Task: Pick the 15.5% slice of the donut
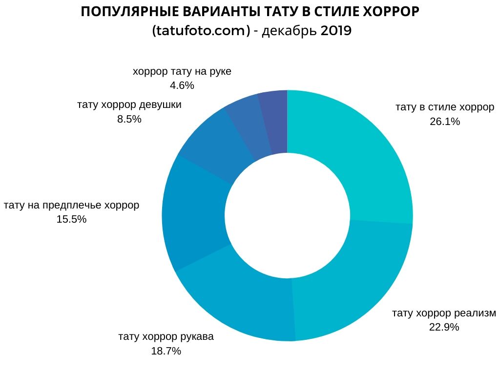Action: coord(193,215)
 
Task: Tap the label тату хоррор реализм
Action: coord(444,313)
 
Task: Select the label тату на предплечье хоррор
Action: coord(71,205)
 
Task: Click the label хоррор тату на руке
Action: coord(182,71)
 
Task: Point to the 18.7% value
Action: coord(166,351)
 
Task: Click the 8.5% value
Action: coord(129,119)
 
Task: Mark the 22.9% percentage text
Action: coord(444,327)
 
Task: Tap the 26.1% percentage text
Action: coord(445,122)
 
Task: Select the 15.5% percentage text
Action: coord(71,219)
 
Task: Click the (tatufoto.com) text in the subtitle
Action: coord(201,31)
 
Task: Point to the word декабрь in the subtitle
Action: coord(290,31)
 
